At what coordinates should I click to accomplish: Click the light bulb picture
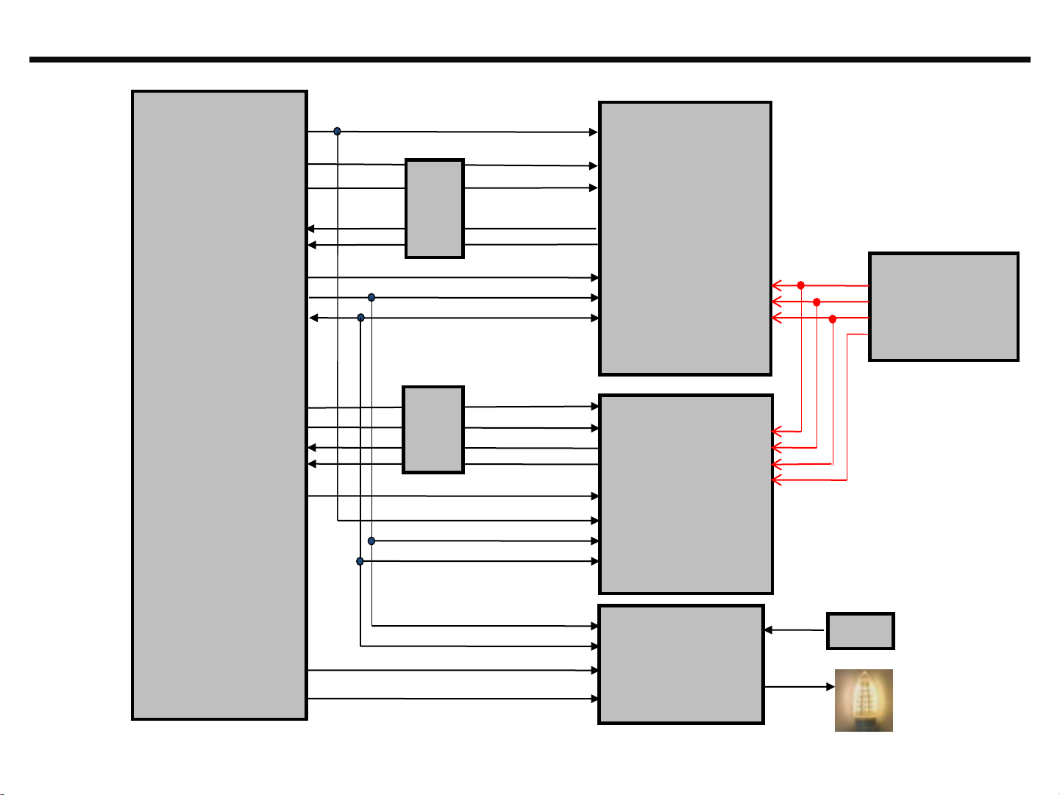coord(864,699)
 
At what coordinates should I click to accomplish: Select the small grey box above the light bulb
coord(860,631)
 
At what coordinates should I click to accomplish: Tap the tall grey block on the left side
coord(219,404)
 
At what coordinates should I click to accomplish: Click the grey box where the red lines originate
coord(944,307)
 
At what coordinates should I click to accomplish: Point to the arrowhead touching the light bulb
coord(830,687)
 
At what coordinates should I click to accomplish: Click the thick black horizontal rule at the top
coord(530,60)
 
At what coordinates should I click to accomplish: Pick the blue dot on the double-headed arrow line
coord(360,318)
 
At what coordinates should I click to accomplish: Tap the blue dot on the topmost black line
coord(337,131)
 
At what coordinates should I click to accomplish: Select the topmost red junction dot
coord(801,285)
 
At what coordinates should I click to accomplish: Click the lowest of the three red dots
coord(833,318)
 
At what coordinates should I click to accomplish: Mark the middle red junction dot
coord(817,302)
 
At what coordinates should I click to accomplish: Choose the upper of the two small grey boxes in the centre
coord(434,208)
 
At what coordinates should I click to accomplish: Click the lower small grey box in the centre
coord(433,429)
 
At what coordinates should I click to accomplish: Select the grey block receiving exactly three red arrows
coord(685,238)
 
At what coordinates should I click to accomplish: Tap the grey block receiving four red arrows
coord(686,493)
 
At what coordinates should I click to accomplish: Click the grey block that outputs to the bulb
coord(681,664)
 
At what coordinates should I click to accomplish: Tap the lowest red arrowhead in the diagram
coord(776,480)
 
